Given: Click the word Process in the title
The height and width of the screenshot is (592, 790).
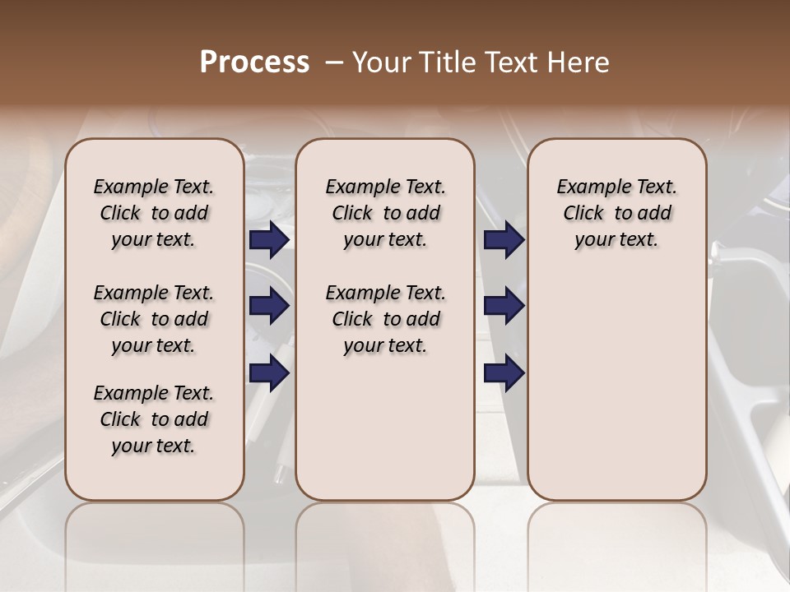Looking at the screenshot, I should (x=254, y=62).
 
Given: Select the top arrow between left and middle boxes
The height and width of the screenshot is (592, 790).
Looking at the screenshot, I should (x=269, y=240).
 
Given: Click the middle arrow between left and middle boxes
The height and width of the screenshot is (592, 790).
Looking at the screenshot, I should (x=269, y=306).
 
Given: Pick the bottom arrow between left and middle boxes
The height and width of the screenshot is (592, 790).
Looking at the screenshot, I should (x=269, y=372).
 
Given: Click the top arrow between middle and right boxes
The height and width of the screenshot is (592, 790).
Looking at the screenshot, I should (x=504, y=240).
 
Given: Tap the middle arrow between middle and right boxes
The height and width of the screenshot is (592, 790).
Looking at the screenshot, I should (x=504, y=306).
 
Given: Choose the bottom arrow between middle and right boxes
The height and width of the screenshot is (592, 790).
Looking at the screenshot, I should (x=504, y=372).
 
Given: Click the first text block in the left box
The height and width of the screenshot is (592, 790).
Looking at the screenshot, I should (x=154, y=213).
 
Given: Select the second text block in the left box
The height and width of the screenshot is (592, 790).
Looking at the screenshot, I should (x=154, y=319).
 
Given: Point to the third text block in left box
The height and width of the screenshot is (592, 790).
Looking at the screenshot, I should (x=154, y=419).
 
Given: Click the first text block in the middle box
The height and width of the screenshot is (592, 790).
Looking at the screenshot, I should (x=385, y=213).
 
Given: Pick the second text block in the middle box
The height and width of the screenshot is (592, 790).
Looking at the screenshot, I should (x=385, y=319).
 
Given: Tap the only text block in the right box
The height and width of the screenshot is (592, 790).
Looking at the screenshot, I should (x=617, y=213).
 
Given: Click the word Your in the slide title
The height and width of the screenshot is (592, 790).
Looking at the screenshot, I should (x=380, y=62).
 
